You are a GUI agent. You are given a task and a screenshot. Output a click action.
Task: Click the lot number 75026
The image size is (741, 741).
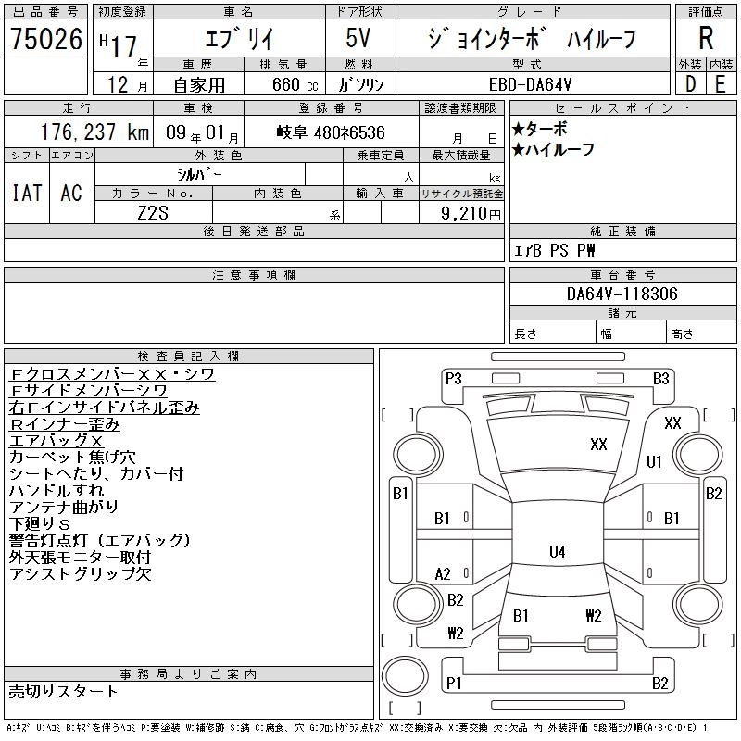46,39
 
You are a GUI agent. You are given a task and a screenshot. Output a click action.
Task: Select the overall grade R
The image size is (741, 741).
706,38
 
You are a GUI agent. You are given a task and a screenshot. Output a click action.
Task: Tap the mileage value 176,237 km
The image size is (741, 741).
94,132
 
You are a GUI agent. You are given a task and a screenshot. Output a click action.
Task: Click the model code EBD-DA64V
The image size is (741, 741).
530,84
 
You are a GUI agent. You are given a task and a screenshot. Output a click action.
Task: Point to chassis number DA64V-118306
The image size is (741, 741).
622,294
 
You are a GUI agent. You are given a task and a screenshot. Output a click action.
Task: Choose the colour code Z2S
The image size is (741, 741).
153,213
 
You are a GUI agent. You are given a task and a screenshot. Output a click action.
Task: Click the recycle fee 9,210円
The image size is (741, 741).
471,214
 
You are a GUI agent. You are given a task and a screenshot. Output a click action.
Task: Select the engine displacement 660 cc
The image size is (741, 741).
295,84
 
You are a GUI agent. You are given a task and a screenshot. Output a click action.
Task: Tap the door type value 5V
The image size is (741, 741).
358,38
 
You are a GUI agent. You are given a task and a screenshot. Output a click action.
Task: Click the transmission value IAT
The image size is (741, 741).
27,193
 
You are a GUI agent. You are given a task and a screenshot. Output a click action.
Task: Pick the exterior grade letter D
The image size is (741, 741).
690,84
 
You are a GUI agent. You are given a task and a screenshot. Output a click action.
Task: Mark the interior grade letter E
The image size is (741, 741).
721,84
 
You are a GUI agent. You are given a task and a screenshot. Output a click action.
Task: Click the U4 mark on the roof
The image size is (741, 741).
558,551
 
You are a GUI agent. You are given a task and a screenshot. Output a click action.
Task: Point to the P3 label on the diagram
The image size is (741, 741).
453,379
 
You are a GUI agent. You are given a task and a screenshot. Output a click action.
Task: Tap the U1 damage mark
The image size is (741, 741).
654,461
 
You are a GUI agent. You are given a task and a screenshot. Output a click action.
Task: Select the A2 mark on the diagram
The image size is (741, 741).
443,574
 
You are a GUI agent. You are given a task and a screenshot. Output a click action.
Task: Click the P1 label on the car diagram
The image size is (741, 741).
454,683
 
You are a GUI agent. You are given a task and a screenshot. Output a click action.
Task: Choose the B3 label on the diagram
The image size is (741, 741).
660,379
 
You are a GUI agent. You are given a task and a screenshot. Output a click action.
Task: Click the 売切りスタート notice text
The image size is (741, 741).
63,691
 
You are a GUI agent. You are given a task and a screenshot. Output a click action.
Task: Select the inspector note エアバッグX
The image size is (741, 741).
56,441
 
